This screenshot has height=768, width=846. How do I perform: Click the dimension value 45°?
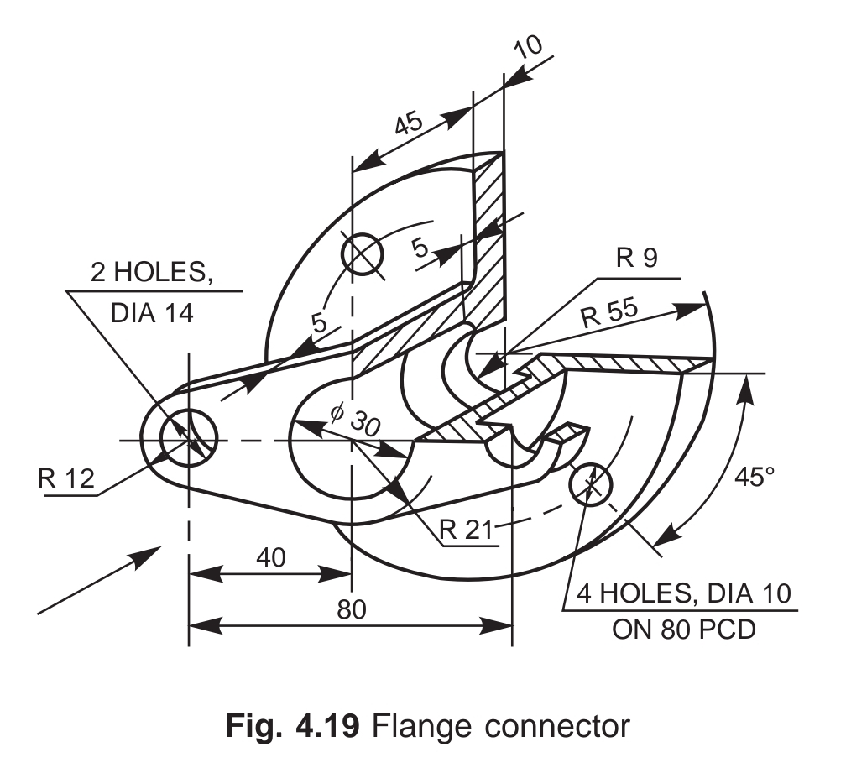point(755,478)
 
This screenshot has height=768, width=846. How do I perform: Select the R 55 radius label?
point(608,312)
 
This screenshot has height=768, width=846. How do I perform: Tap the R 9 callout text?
point(635,259)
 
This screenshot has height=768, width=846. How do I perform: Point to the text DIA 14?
point(152,313)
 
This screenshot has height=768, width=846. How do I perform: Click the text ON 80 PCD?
point(683,628)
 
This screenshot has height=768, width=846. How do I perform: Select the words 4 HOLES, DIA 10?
point(682,595)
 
